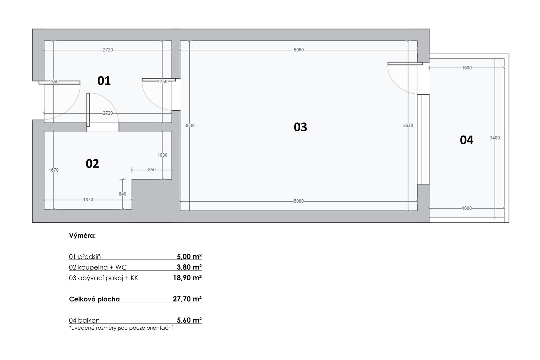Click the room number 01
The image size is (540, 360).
104,81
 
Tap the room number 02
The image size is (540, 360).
92,163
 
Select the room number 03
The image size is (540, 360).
300,127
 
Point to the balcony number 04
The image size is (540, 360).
467,140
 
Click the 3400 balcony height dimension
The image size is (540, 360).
495,138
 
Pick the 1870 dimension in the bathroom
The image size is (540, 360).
88,200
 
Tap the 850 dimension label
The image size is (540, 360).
152,170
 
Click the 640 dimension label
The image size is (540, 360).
122,194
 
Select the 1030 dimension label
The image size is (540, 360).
162,155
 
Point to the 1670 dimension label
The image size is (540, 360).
53,170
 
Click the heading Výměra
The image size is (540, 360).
82,236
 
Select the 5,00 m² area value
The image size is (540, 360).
189,256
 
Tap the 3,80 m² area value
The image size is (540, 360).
189,267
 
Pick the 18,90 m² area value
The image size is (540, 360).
187,278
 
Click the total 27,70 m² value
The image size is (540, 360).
187,299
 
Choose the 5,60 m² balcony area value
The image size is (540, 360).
189,320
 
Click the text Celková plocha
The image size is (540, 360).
94,299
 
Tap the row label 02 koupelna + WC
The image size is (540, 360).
98,267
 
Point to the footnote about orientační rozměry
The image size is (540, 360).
121,328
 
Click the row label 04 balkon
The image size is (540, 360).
84,320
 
